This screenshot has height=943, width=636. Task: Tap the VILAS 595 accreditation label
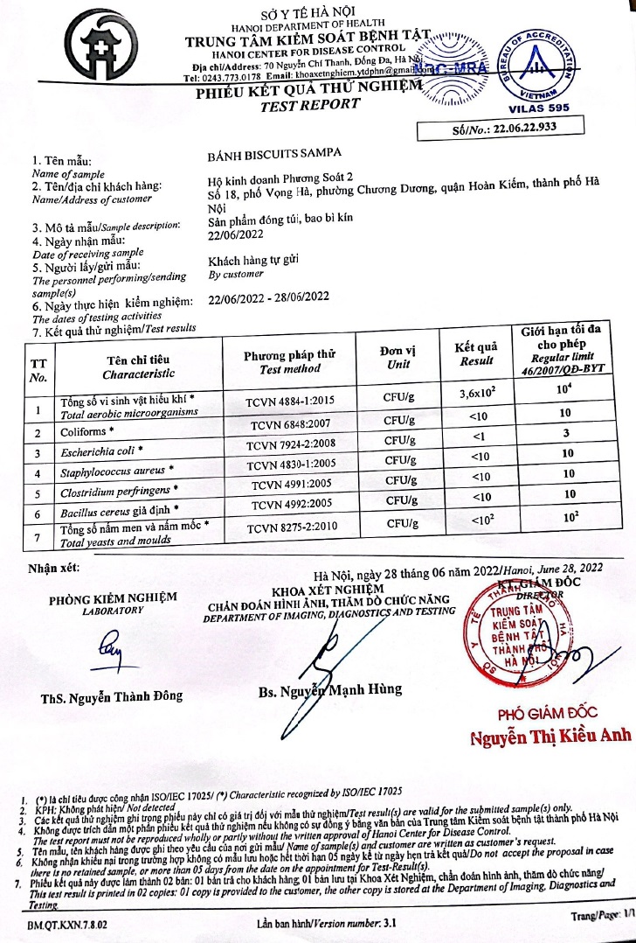click(x=538, y=109)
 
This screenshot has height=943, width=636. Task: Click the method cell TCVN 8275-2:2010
click(x=294, y=527)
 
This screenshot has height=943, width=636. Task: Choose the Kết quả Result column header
click(x=475, y=353)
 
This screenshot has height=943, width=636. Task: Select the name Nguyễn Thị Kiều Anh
click(x=550, y=737)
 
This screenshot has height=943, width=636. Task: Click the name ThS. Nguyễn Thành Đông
click(x=112, y=696)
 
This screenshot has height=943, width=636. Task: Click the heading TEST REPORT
click(x=309, y=104)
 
